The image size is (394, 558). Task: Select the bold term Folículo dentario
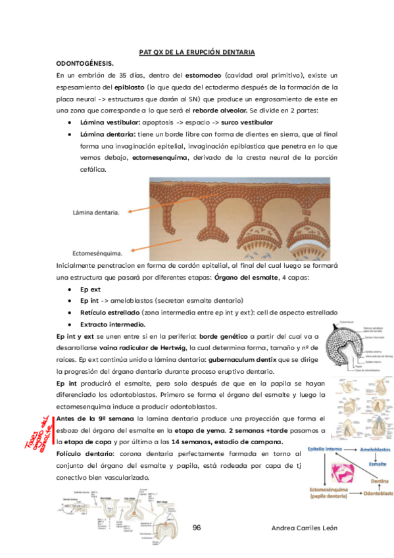(81, 454)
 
